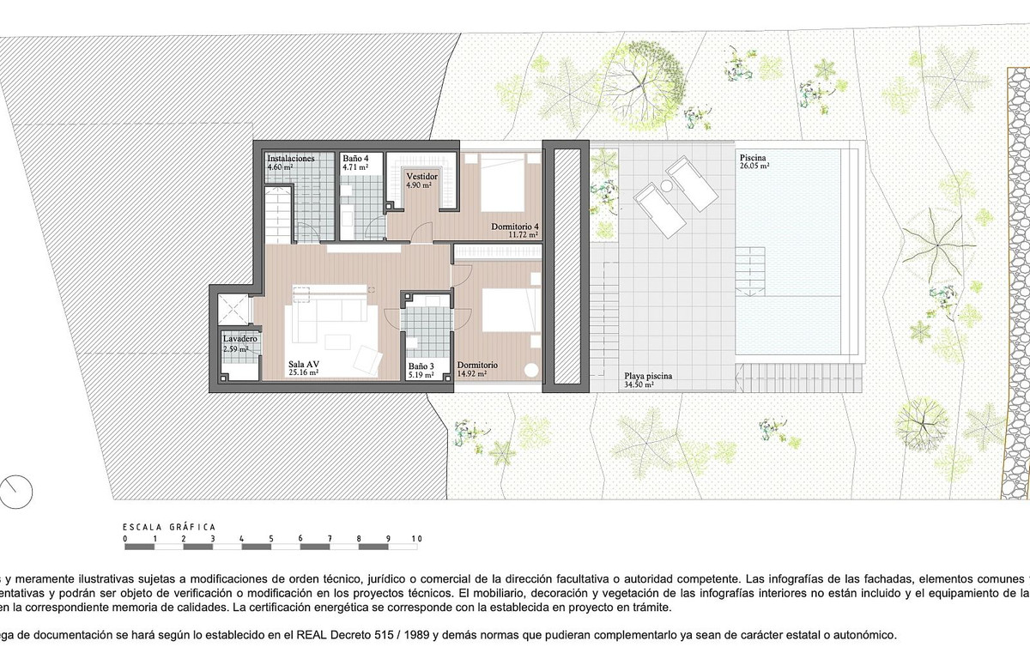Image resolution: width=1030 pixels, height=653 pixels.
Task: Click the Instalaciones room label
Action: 290,159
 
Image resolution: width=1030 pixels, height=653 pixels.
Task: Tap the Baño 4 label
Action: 355,159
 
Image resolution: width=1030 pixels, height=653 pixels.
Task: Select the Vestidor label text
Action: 421,176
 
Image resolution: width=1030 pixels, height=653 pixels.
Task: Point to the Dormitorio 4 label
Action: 514,227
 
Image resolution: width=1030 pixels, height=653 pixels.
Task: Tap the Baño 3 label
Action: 421,366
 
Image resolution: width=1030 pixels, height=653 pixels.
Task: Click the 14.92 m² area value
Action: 472,374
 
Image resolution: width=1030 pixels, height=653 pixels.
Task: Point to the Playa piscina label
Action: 648,377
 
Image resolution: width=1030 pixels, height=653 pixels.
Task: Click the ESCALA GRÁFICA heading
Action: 169,527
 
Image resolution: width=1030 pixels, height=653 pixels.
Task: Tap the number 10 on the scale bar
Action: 416,539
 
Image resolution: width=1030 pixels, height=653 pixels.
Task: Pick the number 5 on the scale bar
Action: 271,539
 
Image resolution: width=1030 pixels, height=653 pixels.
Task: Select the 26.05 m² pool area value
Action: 753,167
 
